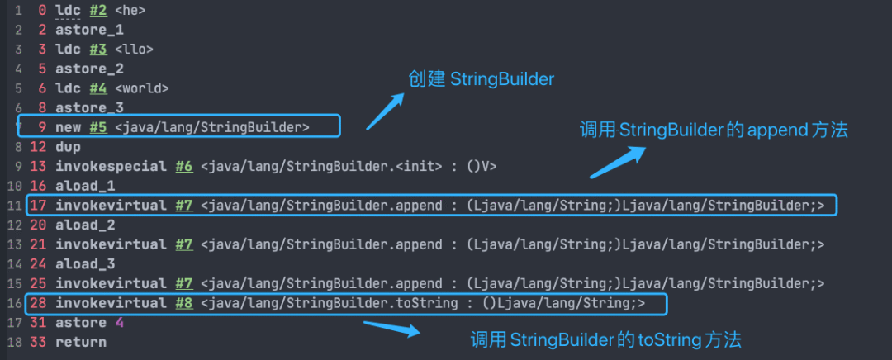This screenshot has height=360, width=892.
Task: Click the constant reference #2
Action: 98,9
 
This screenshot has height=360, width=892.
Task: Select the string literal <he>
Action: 130,9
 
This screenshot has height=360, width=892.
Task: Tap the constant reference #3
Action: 98,49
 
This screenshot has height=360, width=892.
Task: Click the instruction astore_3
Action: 89,108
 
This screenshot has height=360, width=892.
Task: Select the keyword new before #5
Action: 68,127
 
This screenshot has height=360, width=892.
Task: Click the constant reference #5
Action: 98,127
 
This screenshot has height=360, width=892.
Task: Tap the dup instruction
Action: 68,147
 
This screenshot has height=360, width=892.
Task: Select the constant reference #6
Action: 183,166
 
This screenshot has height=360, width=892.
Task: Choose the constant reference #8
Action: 183,304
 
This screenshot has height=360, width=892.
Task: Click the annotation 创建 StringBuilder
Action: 481,78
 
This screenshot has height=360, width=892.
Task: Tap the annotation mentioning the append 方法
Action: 714,130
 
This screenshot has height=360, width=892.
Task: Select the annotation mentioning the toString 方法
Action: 605,339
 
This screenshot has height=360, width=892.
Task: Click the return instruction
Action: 80,342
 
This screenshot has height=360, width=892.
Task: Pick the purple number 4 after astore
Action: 119,323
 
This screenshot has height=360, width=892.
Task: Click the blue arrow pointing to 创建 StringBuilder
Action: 385,111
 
